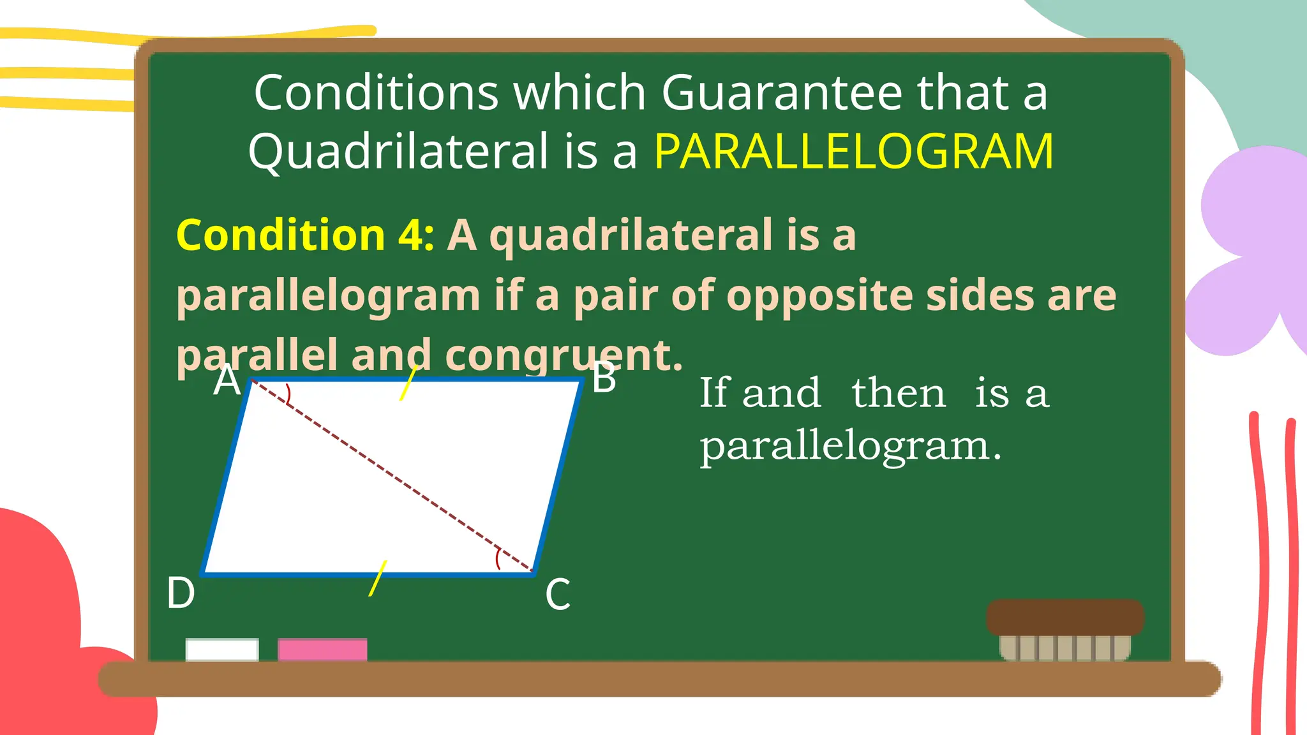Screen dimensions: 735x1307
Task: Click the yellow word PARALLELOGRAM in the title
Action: (854, 152)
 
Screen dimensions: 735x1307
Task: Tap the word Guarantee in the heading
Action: (782, 93)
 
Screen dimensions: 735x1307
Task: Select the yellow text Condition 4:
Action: (305, 235)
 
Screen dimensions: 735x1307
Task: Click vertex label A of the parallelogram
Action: (227, 381)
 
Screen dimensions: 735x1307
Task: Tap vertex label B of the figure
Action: (604, 378)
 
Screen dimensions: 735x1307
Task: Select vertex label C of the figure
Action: (558, 595)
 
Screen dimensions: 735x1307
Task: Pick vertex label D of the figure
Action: (181, 593)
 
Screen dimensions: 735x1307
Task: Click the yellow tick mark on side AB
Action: (408, 383)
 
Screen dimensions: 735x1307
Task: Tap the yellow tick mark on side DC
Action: (377, 578)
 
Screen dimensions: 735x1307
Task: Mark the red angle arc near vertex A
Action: (288, 394)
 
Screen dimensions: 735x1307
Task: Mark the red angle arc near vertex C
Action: (498, 559)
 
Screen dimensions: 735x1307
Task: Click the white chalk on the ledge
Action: (222, 650)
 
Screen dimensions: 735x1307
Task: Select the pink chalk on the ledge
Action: (322, 650)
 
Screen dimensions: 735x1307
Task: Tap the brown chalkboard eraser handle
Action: (1064, 617)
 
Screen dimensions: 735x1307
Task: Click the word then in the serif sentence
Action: (899, 393)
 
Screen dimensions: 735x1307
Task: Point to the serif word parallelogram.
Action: (850, 447)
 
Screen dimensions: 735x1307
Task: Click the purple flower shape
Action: (1251, 249)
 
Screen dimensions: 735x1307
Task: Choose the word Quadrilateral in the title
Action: (398, 152)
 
